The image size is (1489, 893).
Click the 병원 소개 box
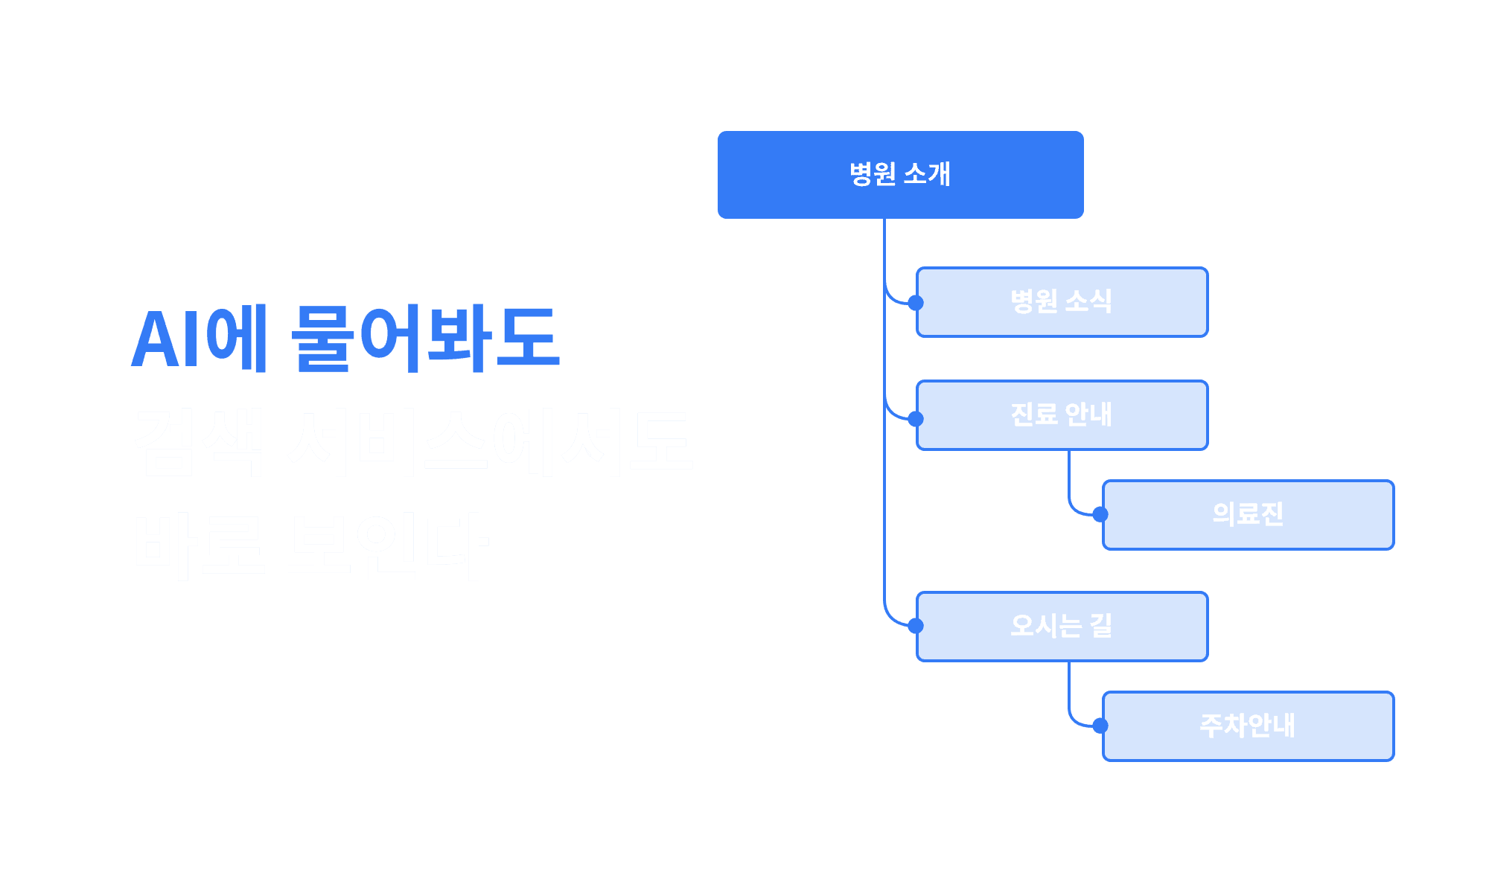pyautogui.click(x=900, y=175)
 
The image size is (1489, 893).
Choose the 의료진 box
pyautogui.click(x=1248, y=515)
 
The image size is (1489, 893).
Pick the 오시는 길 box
pyautogui.click(x=1062, y=627)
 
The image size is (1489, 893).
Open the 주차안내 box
pyautogui.click(x=1248, y=726)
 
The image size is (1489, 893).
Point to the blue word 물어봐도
pyautogui.click(x=424, y=339)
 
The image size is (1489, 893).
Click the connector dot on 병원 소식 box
pyautogui.click(x=914, y=302)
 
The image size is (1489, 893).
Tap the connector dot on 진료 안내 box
pyautogui.click(x=914, y=418)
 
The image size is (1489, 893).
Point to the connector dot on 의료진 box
pyautogui.click(x=1099, y=513)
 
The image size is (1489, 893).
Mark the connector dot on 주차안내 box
pyautogui.click(x=1099, y=725)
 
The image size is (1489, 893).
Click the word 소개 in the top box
pyautogui.click(x=927, y=175)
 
